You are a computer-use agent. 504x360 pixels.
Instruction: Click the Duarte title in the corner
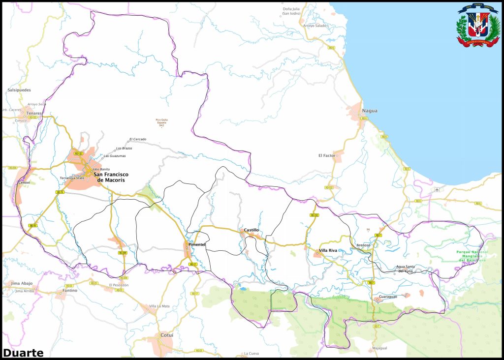[23, 352]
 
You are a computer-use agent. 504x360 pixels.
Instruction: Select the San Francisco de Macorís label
[109, 177]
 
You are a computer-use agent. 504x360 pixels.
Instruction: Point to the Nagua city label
[370, 111]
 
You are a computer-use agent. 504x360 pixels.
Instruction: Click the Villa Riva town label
[328, 250]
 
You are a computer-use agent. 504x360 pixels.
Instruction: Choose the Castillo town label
[251, 230]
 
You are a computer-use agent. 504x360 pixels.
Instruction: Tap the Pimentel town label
[196, 244]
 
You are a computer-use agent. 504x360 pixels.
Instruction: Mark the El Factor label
[327, 155]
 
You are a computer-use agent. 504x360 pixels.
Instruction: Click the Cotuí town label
[167, 335]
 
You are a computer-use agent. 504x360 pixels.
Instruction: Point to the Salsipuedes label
[19, 90]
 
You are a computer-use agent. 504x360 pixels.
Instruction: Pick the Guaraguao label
[388, 297]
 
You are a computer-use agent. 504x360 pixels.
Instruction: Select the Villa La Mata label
[159, 306]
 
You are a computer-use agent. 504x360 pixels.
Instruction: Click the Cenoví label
[24, 182]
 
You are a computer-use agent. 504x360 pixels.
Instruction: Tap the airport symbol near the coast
[437, 189]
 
